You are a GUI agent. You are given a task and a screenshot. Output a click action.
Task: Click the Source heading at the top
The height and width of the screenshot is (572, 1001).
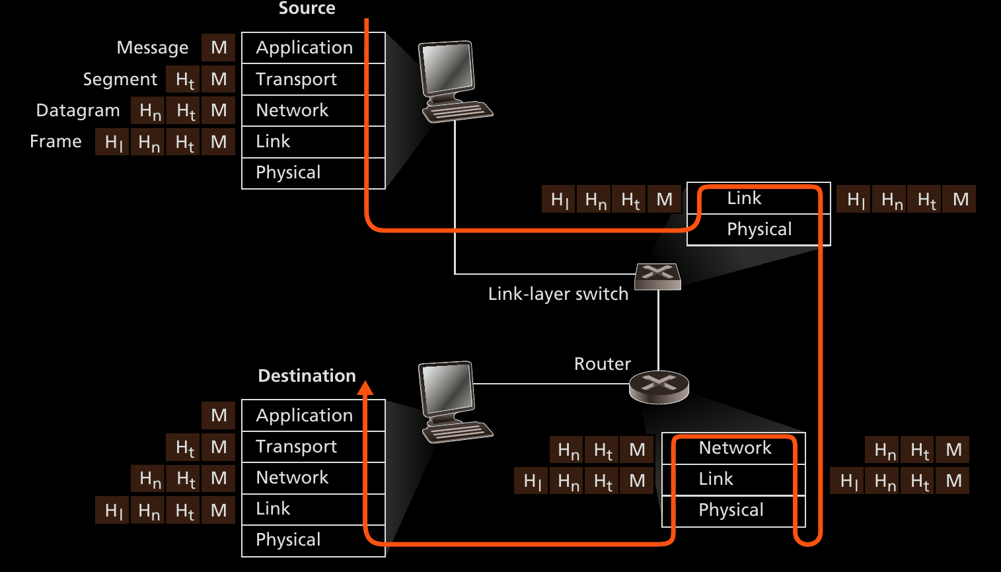[x=307, y=9]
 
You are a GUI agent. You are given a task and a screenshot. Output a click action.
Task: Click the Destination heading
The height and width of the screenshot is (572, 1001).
[x=307, y=376]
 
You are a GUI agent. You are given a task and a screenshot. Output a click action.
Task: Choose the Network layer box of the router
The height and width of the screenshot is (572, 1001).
[x=734, y=448]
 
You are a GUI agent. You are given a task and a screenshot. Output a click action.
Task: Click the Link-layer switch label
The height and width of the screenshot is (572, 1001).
[x=558, y=294]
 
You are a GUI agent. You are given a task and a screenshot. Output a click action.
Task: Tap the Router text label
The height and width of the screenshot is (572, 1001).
[x=602, y=364]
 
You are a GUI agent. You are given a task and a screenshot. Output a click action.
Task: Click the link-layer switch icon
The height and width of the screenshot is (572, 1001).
[x=657, y=276]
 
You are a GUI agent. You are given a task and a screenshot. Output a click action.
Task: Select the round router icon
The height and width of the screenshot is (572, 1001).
[x=659, y=387]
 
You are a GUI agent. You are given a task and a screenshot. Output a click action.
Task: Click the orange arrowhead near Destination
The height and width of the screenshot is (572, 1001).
[x=365, y=388]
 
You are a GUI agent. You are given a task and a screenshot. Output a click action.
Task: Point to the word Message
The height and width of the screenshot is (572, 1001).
[x=152, y=48]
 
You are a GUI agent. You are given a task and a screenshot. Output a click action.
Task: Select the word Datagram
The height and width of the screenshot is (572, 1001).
[x=78, y=110]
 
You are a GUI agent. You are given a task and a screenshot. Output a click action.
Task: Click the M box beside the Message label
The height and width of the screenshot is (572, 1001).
[x=219, y=48]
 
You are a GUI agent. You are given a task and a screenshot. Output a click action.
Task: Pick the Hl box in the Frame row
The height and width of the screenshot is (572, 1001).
[x=112, y=142]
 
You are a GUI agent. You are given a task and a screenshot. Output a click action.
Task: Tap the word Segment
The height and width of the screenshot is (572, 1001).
[x=120, y=80]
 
